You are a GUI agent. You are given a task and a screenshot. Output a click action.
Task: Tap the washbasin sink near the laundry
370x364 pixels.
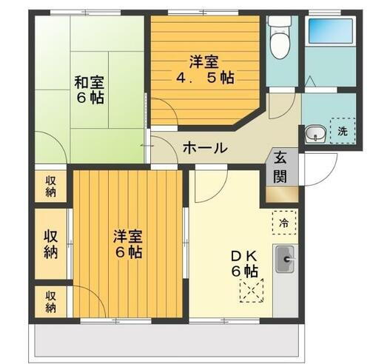(314, 134)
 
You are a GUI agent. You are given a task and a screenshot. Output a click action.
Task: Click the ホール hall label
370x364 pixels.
(203, 148)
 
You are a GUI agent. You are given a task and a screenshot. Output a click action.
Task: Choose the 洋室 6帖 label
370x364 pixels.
(127, 244)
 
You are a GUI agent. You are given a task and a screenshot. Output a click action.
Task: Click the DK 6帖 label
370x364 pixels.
(245, 263)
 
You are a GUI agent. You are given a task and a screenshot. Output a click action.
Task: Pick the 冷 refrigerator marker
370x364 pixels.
(284, 220)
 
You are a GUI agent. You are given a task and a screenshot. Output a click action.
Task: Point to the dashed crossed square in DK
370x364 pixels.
(252, 290)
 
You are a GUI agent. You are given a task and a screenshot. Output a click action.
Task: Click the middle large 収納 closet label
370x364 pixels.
(50, 244)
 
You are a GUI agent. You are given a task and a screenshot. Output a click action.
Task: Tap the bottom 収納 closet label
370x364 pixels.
(50, 301)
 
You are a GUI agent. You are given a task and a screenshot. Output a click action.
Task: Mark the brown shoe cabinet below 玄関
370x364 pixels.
(282, 195)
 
